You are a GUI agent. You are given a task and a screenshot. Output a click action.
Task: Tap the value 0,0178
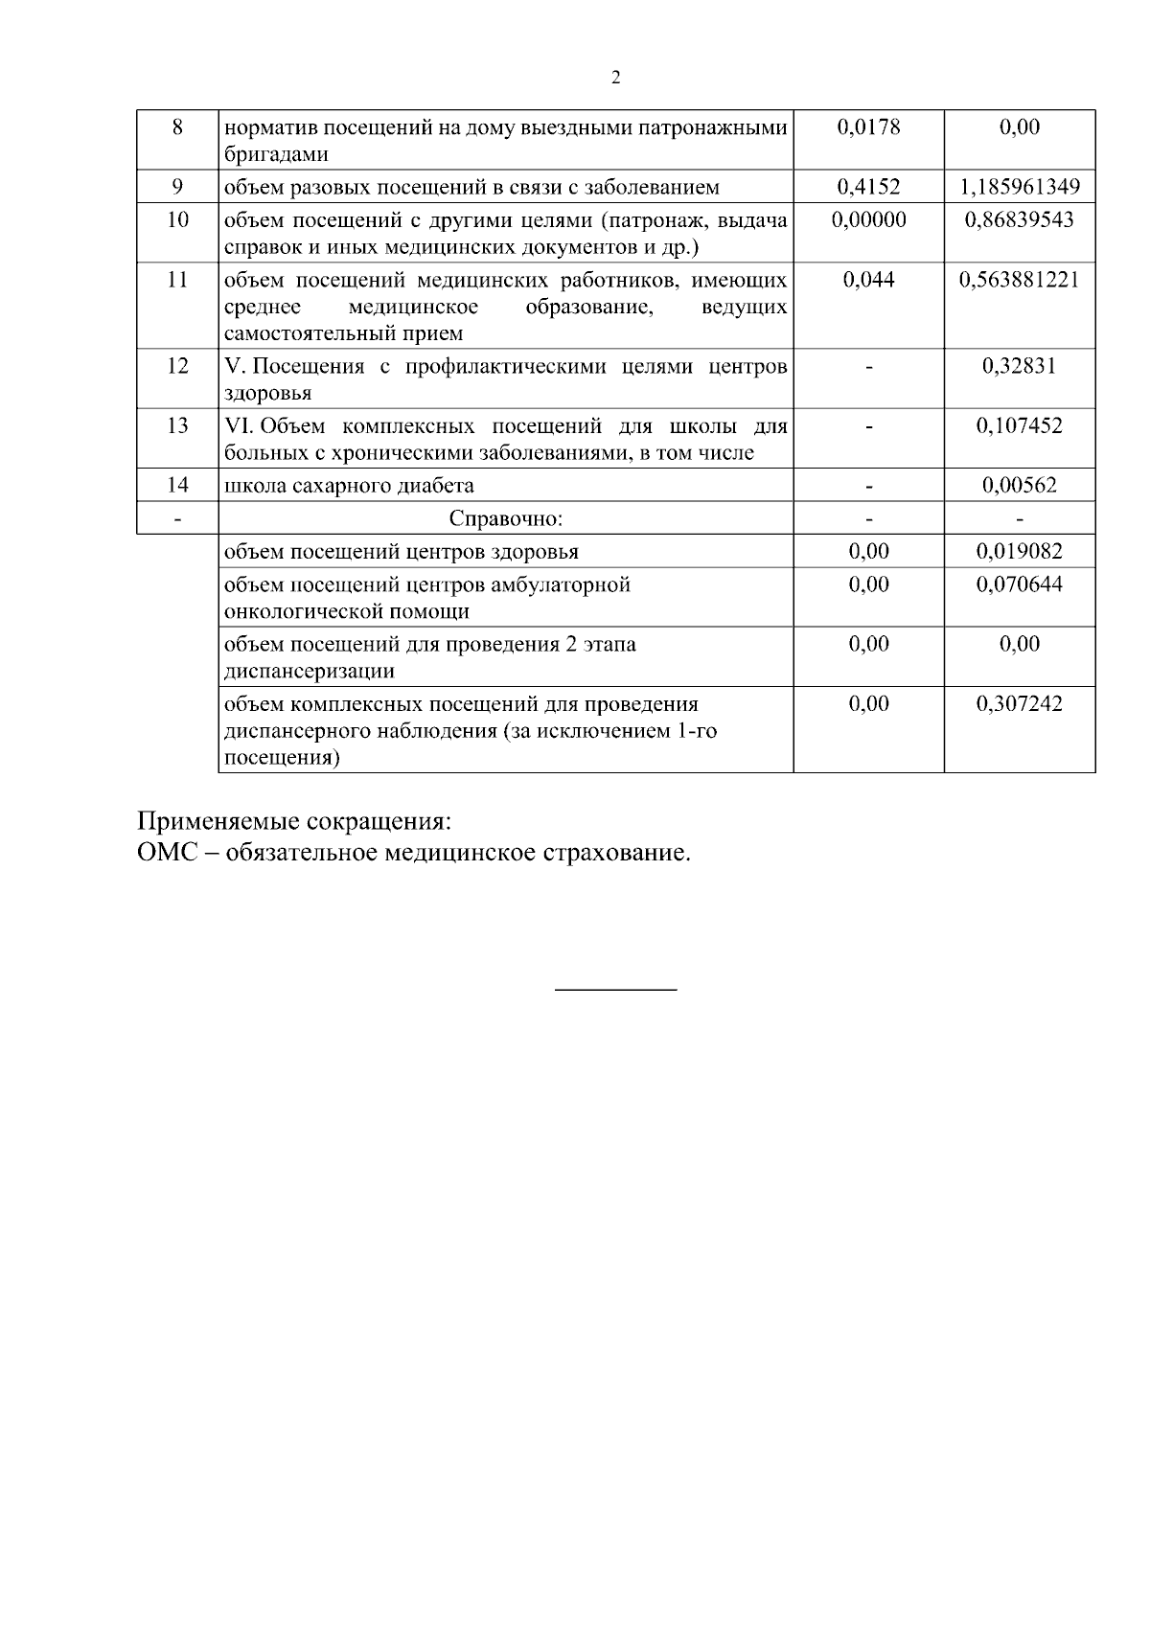868,126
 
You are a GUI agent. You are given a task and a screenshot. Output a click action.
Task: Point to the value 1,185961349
1019,186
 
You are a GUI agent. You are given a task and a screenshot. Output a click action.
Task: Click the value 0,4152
868,186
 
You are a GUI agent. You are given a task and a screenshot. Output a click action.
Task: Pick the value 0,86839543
1019,219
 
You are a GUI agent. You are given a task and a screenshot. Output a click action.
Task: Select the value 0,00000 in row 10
868,219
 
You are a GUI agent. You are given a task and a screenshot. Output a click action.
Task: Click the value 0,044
868,279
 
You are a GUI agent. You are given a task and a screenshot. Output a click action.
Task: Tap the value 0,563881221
1019,279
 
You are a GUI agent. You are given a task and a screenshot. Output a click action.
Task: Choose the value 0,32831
1019,365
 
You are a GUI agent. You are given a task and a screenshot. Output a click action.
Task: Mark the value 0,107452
1019,424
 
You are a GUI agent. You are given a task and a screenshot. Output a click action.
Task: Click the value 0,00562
1019,485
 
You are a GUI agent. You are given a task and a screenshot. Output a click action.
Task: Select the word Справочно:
506,518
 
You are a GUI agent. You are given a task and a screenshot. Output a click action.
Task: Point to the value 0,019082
1019,551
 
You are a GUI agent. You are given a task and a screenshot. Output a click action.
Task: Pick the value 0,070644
1019,584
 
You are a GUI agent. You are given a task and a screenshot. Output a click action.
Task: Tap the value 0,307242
1019,703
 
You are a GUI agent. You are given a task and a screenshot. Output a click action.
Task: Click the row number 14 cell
177,485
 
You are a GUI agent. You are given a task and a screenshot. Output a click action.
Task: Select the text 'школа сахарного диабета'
349,485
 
